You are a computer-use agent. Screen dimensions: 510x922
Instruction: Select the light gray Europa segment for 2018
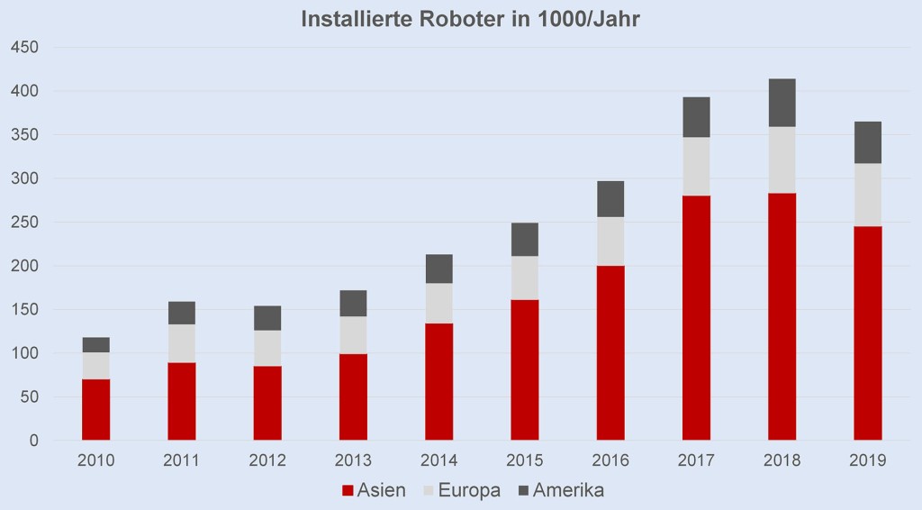pyautogui.click(x=782, y=159)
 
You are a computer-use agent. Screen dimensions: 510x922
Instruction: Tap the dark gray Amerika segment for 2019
pyautogui.click(x=867, y=142)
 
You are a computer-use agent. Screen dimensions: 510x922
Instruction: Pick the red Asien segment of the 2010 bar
pyautogui.click(x=95, y=410)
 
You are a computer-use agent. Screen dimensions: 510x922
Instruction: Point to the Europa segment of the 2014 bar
pyautogui.click(x=438, y=304)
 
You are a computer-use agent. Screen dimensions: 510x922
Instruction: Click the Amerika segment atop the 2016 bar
pyautogui.click(x=610, y=199)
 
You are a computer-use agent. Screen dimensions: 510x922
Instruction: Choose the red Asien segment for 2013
pyautogui.click(x=353, y=396)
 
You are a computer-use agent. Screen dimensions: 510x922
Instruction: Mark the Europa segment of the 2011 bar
pyautogui.click(x=181, y=343)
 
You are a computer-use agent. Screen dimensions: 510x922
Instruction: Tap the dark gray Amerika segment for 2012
pyautogui.click(x=267, y=318)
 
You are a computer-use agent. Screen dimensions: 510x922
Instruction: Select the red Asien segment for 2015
pyautogui.click(x=524, y=369)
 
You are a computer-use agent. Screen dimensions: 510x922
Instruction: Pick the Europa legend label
pyautogui.click(x=470, y=491)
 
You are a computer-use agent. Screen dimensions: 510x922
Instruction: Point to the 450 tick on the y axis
pyautogui.click(x=23, y=47)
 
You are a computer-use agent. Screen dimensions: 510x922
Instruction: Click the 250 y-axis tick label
pyautogui.click(x=23, y=222)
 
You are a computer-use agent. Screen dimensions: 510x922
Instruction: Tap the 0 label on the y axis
pyautogui.click(x=32, y=441)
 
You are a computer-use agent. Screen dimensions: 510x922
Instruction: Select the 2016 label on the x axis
pyautogui.click(x=610, y=460)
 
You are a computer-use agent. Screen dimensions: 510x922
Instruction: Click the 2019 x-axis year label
pyautogui.click(x=867, y=460)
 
